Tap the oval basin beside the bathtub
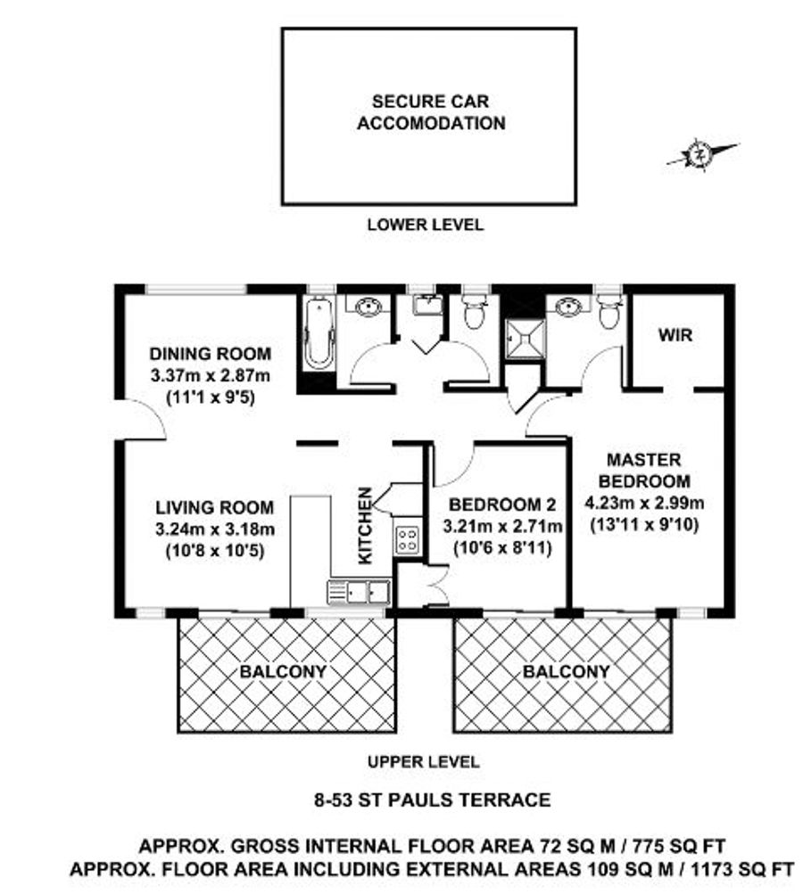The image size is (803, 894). pyautogui.click(x=368, y=308)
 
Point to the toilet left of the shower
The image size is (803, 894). pyautogui.click(x=474, y=310)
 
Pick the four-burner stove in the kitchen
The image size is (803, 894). pyautogui.click(x=408, y=539)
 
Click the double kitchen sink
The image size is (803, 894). pyautogui.click(x=359, y=593)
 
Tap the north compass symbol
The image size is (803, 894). pyautogui.click(x=701, y=154)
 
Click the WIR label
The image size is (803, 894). pyautogui.click(x=675, y=335)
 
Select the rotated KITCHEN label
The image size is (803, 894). pyautogui.click(x=365, y=525)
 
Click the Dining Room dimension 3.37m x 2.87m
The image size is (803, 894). pyautogui.click(x=211, y=376)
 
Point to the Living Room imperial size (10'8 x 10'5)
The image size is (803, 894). pyautogui.click(x=215, y=552)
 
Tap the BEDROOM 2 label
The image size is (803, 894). pyautogui.click(x=502, y=504)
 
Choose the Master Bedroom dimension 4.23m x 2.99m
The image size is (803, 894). pyautogui.click(x=644, y=503)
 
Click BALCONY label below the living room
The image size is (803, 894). pyautogui.click(x=283, y=672)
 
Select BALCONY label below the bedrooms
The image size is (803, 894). pyautogui.click(x=567, y=672)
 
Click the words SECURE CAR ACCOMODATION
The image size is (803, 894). pyautogui.click(x=431, y=112)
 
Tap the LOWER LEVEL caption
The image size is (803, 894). pyautogui.click(x=426, y=225)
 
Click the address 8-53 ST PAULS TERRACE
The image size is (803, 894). pyautogui.click(x=433, y=800)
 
